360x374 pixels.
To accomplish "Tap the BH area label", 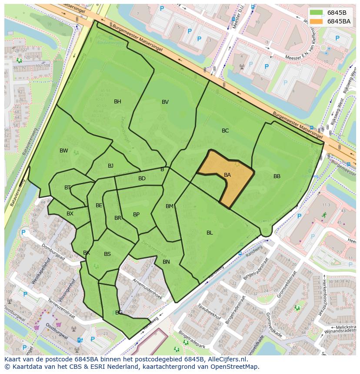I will point(117,102).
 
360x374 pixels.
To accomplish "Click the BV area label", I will point(165,102).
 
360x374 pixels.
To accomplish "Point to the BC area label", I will point(225,131).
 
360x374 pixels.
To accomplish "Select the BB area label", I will point(277,176).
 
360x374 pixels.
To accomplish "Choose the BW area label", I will point(64,151).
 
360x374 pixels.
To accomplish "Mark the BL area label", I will point(210,233).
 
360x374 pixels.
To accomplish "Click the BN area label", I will point(166,262).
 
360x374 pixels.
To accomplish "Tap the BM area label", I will point(170,206).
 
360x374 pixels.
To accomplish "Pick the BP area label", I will point(136,215).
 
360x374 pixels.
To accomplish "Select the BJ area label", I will point(110,166).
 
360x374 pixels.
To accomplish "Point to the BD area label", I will point(142,179).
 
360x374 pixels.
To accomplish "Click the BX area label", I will point(70,214).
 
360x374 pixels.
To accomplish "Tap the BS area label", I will point(107,254).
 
